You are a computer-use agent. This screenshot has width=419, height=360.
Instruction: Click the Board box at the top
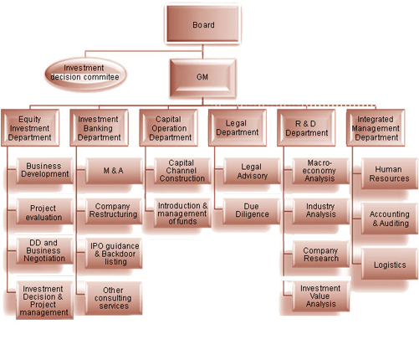(203, 24)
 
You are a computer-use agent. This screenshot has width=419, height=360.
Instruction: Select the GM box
(203, 77)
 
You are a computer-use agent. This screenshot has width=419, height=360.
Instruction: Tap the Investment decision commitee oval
(85, 73)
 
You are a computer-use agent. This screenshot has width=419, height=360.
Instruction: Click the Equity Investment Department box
(30, 128)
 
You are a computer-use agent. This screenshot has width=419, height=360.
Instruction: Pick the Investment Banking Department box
(100, 128)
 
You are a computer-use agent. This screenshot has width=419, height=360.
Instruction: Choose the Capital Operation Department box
(169, 128)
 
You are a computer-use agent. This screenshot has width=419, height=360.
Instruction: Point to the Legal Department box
(238, 128)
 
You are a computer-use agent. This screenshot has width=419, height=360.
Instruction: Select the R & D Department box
(306, 128)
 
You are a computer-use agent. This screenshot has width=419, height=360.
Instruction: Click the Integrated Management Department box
(376, 128)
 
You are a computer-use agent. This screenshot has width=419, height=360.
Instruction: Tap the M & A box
(114, 171)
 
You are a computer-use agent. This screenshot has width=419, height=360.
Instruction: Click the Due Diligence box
(252, 211)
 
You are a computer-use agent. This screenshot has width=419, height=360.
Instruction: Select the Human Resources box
(390, 173)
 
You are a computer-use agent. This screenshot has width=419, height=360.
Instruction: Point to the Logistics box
(390, 264)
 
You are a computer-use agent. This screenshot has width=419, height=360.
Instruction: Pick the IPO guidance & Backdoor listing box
(114, 254)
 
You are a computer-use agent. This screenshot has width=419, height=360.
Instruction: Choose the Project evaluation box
(44, 212)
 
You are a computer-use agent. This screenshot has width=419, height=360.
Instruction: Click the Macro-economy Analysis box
(320, 171)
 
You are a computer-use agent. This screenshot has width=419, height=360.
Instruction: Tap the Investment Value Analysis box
(320, 296)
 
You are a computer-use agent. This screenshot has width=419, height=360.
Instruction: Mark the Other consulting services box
(114, 298)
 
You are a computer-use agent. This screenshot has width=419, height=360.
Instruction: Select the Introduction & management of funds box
(182, 213)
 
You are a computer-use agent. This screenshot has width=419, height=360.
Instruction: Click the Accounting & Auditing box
(390, 219)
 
